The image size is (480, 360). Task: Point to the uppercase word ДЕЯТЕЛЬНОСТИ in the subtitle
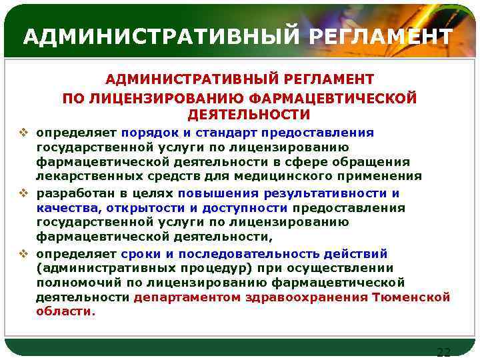coord(239,115)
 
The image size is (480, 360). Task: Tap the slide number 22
coord(443,352)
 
